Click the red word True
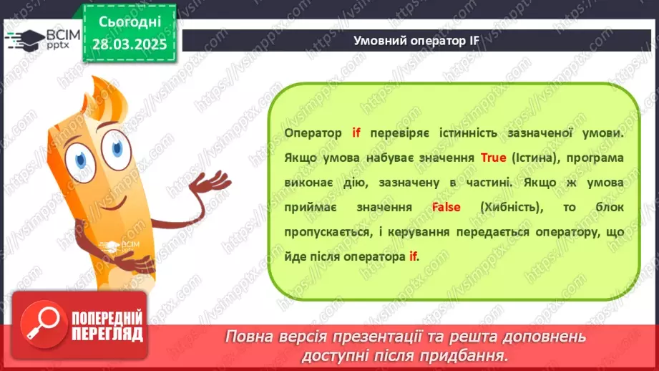click(x=494, y=158)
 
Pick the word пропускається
click(x=326, y=232)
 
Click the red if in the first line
click(x=356, y=133)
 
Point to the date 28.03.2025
click(x=130, y=44)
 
